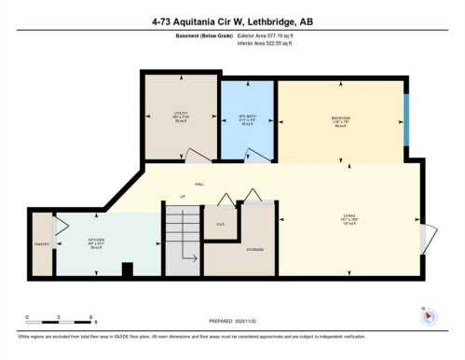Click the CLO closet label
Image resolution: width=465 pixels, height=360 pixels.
221,225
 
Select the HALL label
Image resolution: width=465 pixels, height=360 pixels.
198,184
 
